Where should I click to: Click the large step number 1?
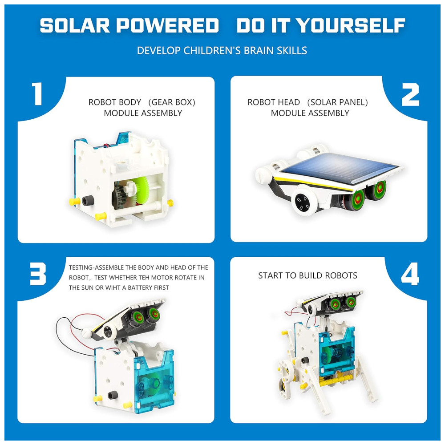pos(37,93)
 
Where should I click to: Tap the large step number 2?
pos(410,94)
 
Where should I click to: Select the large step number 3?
pos(38,274)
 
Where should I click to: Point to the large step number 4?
pos(410,274)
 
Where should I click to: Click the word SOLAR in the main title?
pos(75,25)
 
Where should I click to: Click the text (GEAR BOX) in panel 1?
pos(172,102)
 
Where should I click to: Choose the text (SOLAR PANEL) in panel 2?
pos(337,102)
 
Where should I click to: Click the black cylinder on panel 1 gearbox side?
pos(88,201)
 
